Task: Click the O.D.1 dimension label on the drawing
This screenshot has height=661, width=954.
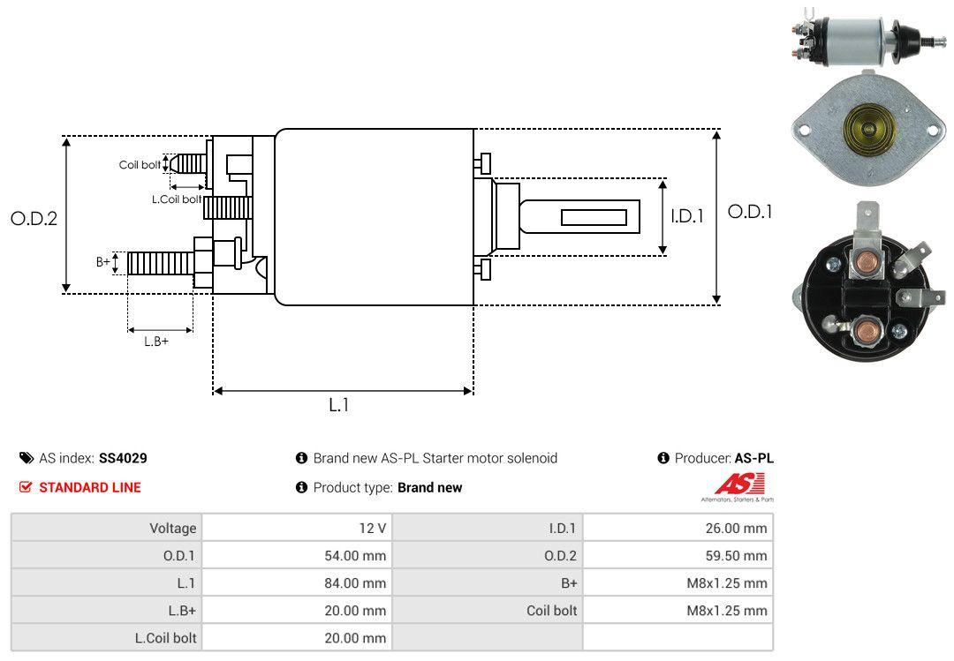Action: point(749,212)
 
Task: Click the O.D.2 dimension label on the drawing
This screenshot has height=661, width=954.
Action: point(34,219)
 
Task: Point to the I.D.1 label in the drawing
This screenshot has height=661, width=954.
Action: point(686,215)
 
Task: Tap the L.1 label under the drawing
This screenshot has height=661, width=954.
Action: point(339,405)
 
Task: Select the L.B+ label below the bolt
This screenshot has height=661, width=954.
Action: point(156,342)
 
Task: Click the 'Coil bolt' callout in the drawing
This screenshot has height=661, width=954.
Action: point(140,165)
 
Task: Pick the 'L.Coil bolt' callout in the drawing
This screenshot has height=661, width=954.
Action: point(177,199)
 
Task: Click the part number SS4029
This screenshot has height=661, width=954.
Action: point(123,458)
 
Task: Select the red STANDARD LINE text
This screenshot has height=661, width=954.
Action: point(89,487)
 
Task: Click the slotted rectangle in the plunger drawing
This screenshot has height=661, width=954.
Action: point(594,217)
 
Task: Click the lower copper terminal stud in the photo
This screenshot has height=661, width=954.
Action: point(867,334)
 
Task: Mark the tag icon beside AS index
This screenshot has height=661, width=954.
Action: point(26,458)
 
